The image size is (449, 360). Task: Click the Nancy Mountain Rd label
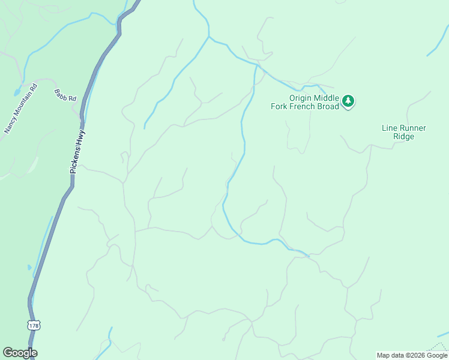coord(21,108)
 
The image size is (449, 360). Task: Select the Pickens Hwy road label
coord(77,152)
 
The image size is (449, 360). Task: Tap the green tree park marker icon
coord(348,101)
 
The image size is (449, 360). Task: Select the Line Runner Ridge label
coord(404,132)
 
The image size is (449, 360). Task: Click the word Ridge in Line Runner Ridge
coord(404,136)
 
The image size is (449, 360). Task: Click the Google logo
coord(20,353)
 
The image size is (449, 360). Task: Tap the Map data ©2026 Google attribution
coord(412,355)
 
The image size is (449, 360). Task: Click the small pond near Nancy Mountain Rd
coord(15,93)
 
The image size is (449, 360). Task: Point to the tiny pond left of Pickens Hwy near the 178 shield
coord(29,267)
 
